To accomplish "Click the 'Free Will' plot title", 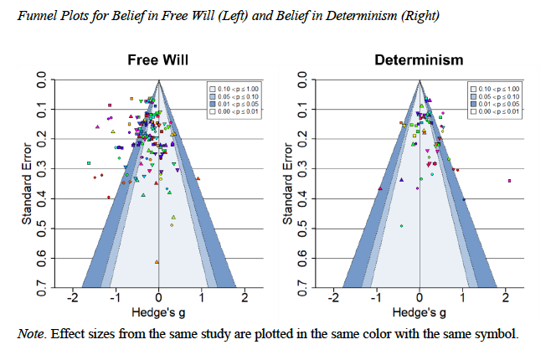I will (x=157, y=60).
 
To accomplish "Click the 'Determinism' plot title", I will (x=418, y=60).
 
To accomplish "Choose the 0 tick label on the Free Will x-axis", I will (x=159, y=299).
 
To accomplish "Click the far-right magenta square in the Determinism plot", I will (x=509, y=181).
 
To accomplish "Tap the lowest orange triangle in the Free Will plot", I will (x=157, y=262).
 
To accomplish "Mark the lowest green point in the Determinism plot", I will (x=402, y=225).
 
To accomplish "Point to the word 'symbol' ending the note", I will (x=499, y=334).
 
